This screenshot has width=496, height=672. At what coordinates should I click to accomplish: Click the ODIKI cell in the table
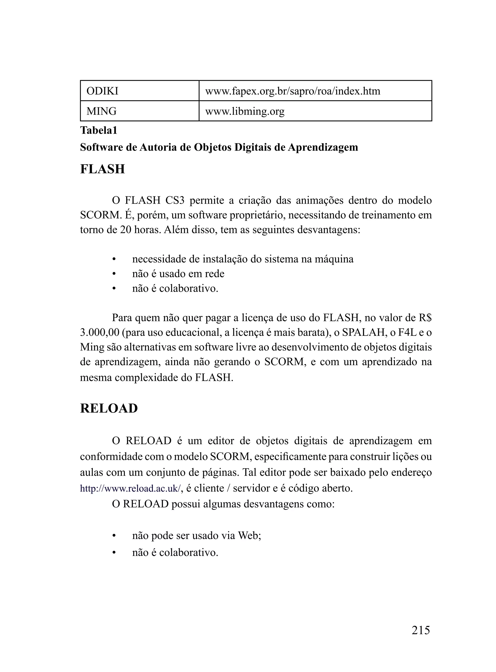102,91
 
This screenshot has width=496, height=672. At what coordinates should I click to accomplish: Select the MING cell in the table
101,111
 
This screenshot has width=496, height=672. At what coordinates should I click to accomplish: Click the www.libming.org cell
245,111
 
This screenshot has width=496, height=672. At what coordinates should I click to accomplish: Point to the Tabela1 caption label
99,130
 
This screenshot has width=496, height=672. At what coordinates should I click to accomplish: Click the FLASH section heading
102,169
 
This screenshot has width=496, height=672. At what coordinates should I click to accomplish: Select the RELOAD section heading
109,408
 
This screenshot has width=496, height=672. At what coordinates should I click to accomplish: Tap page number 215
421,630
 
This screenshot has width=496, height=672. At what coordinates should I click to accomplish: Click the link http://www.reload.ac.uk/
130,488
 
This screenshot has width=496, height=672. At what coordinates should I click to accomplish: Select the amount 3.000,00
99,332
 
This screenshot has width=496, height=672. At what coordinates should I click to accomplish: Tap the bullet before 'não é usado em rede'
114,274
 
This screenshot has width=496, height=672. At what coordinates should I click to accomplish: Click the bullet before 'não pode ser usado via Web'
114,535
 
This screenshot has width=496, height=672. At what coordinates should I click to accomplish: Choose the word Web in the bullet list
249,535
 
